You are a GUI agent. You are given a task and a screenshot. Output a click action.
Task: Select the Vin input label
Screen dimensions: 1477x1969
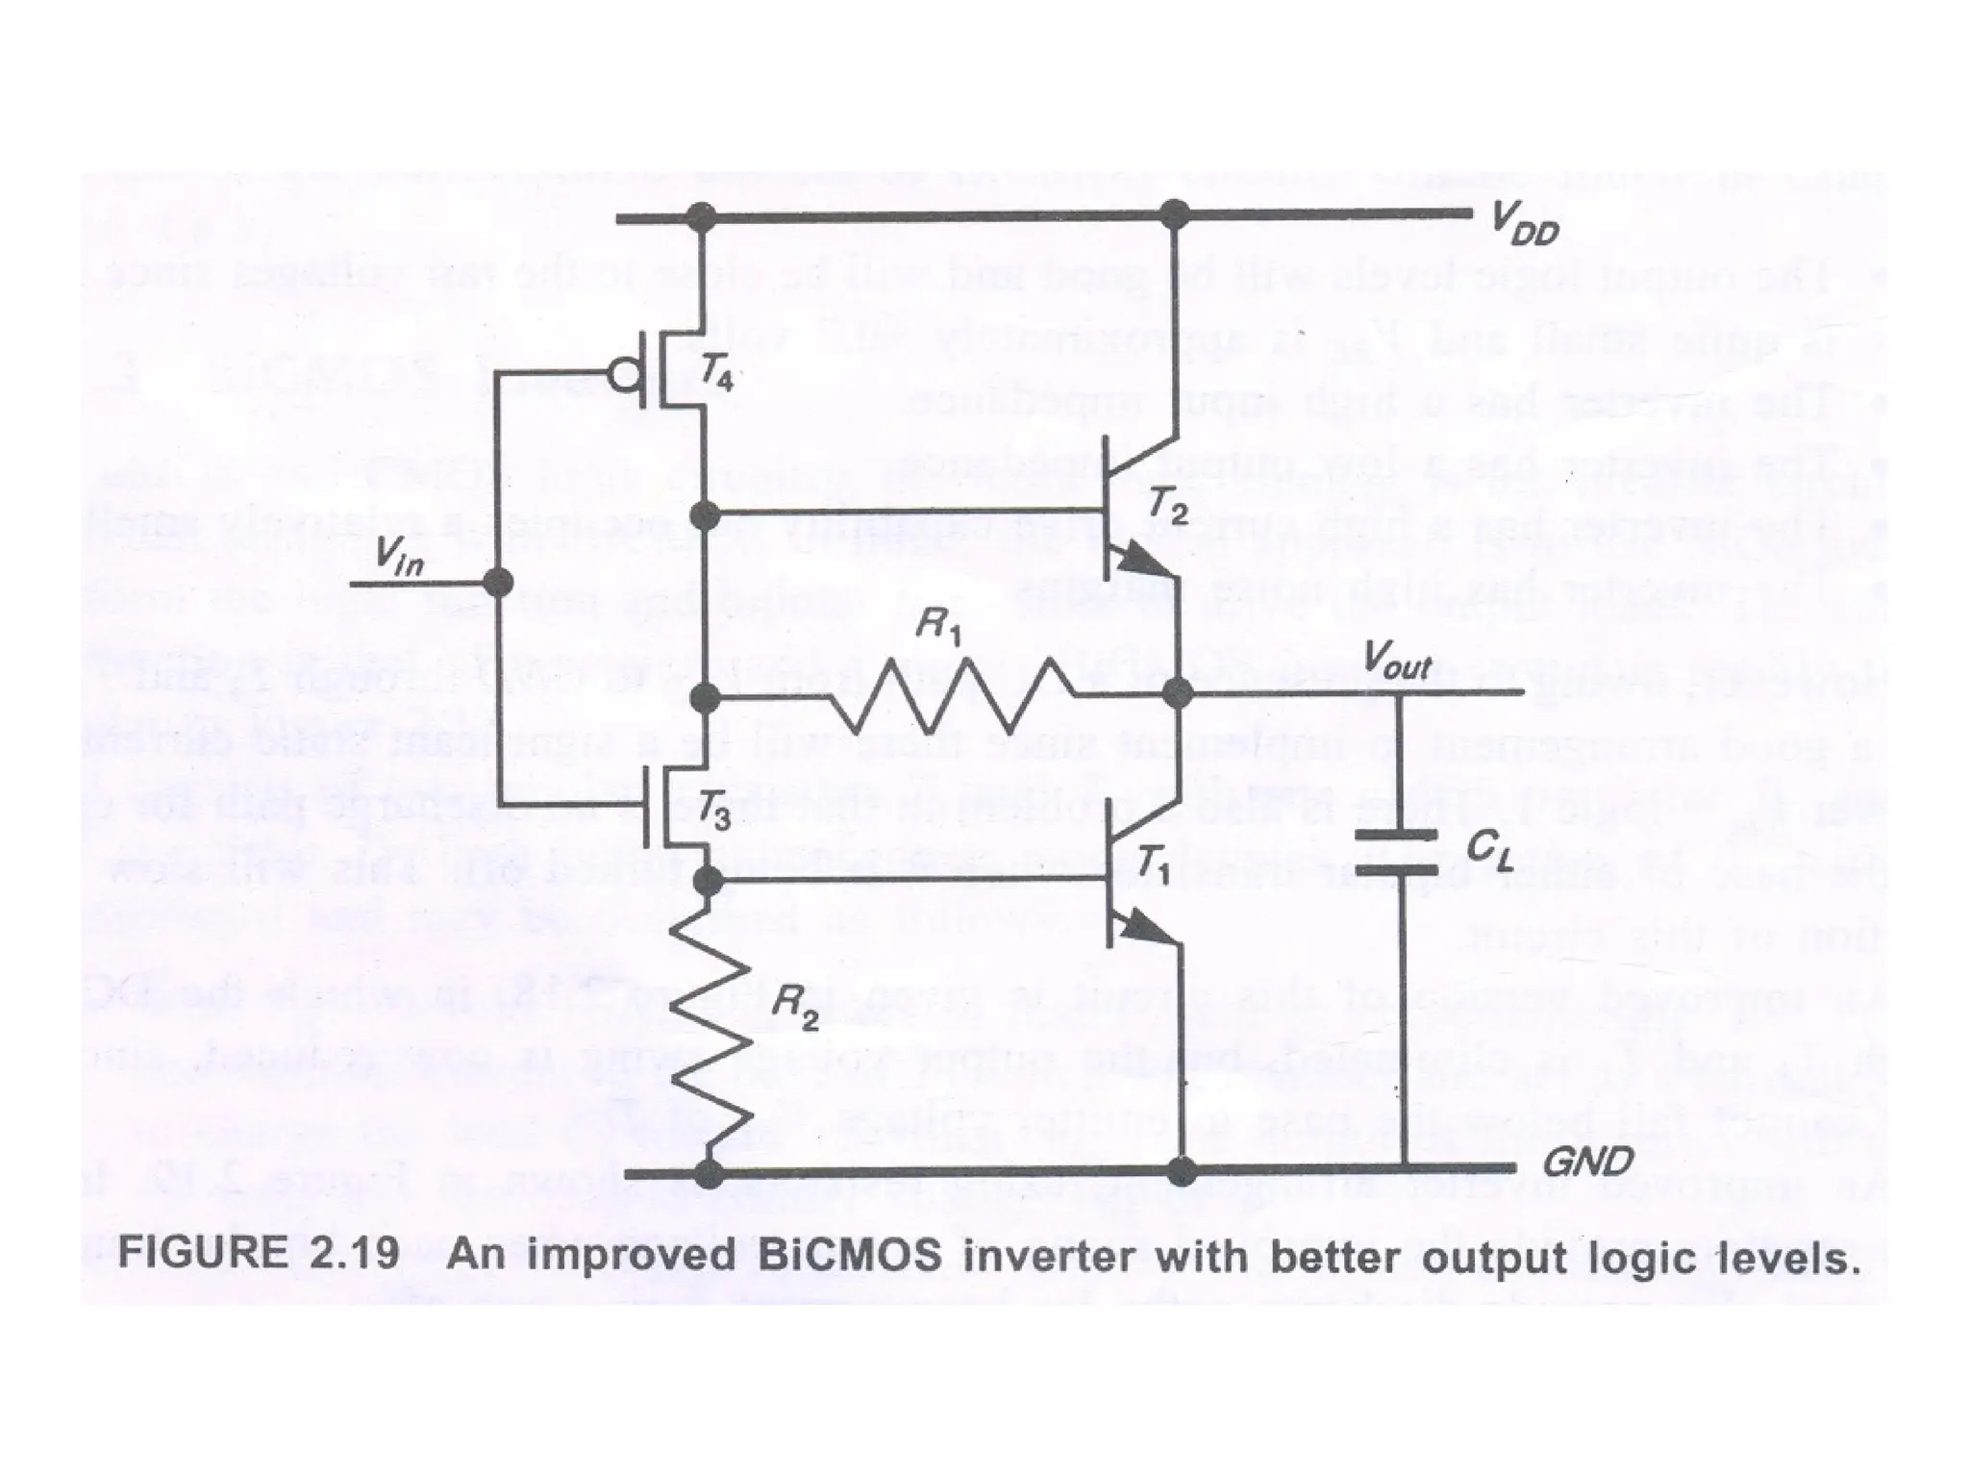tap(398, 556)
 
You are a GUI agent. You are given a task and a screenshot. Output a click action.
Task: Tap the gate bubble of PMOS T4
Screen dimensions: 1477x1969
tap(627, 374)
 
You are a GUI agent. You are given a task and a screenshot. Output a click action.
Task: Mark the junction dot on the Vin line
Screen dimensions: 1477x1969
tap(497, 582)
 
